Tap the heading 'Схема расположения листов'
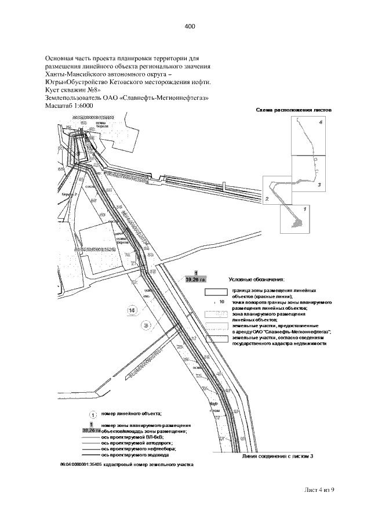(x=293, y=110)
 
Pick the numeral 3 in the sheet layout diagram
(x=319, y=184)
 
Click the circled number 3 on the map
(x=146, y=326)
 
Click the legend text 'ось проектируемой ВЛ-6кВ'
(x=132, y=437)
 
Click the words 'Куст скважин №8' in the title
(x=72, y=90)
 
